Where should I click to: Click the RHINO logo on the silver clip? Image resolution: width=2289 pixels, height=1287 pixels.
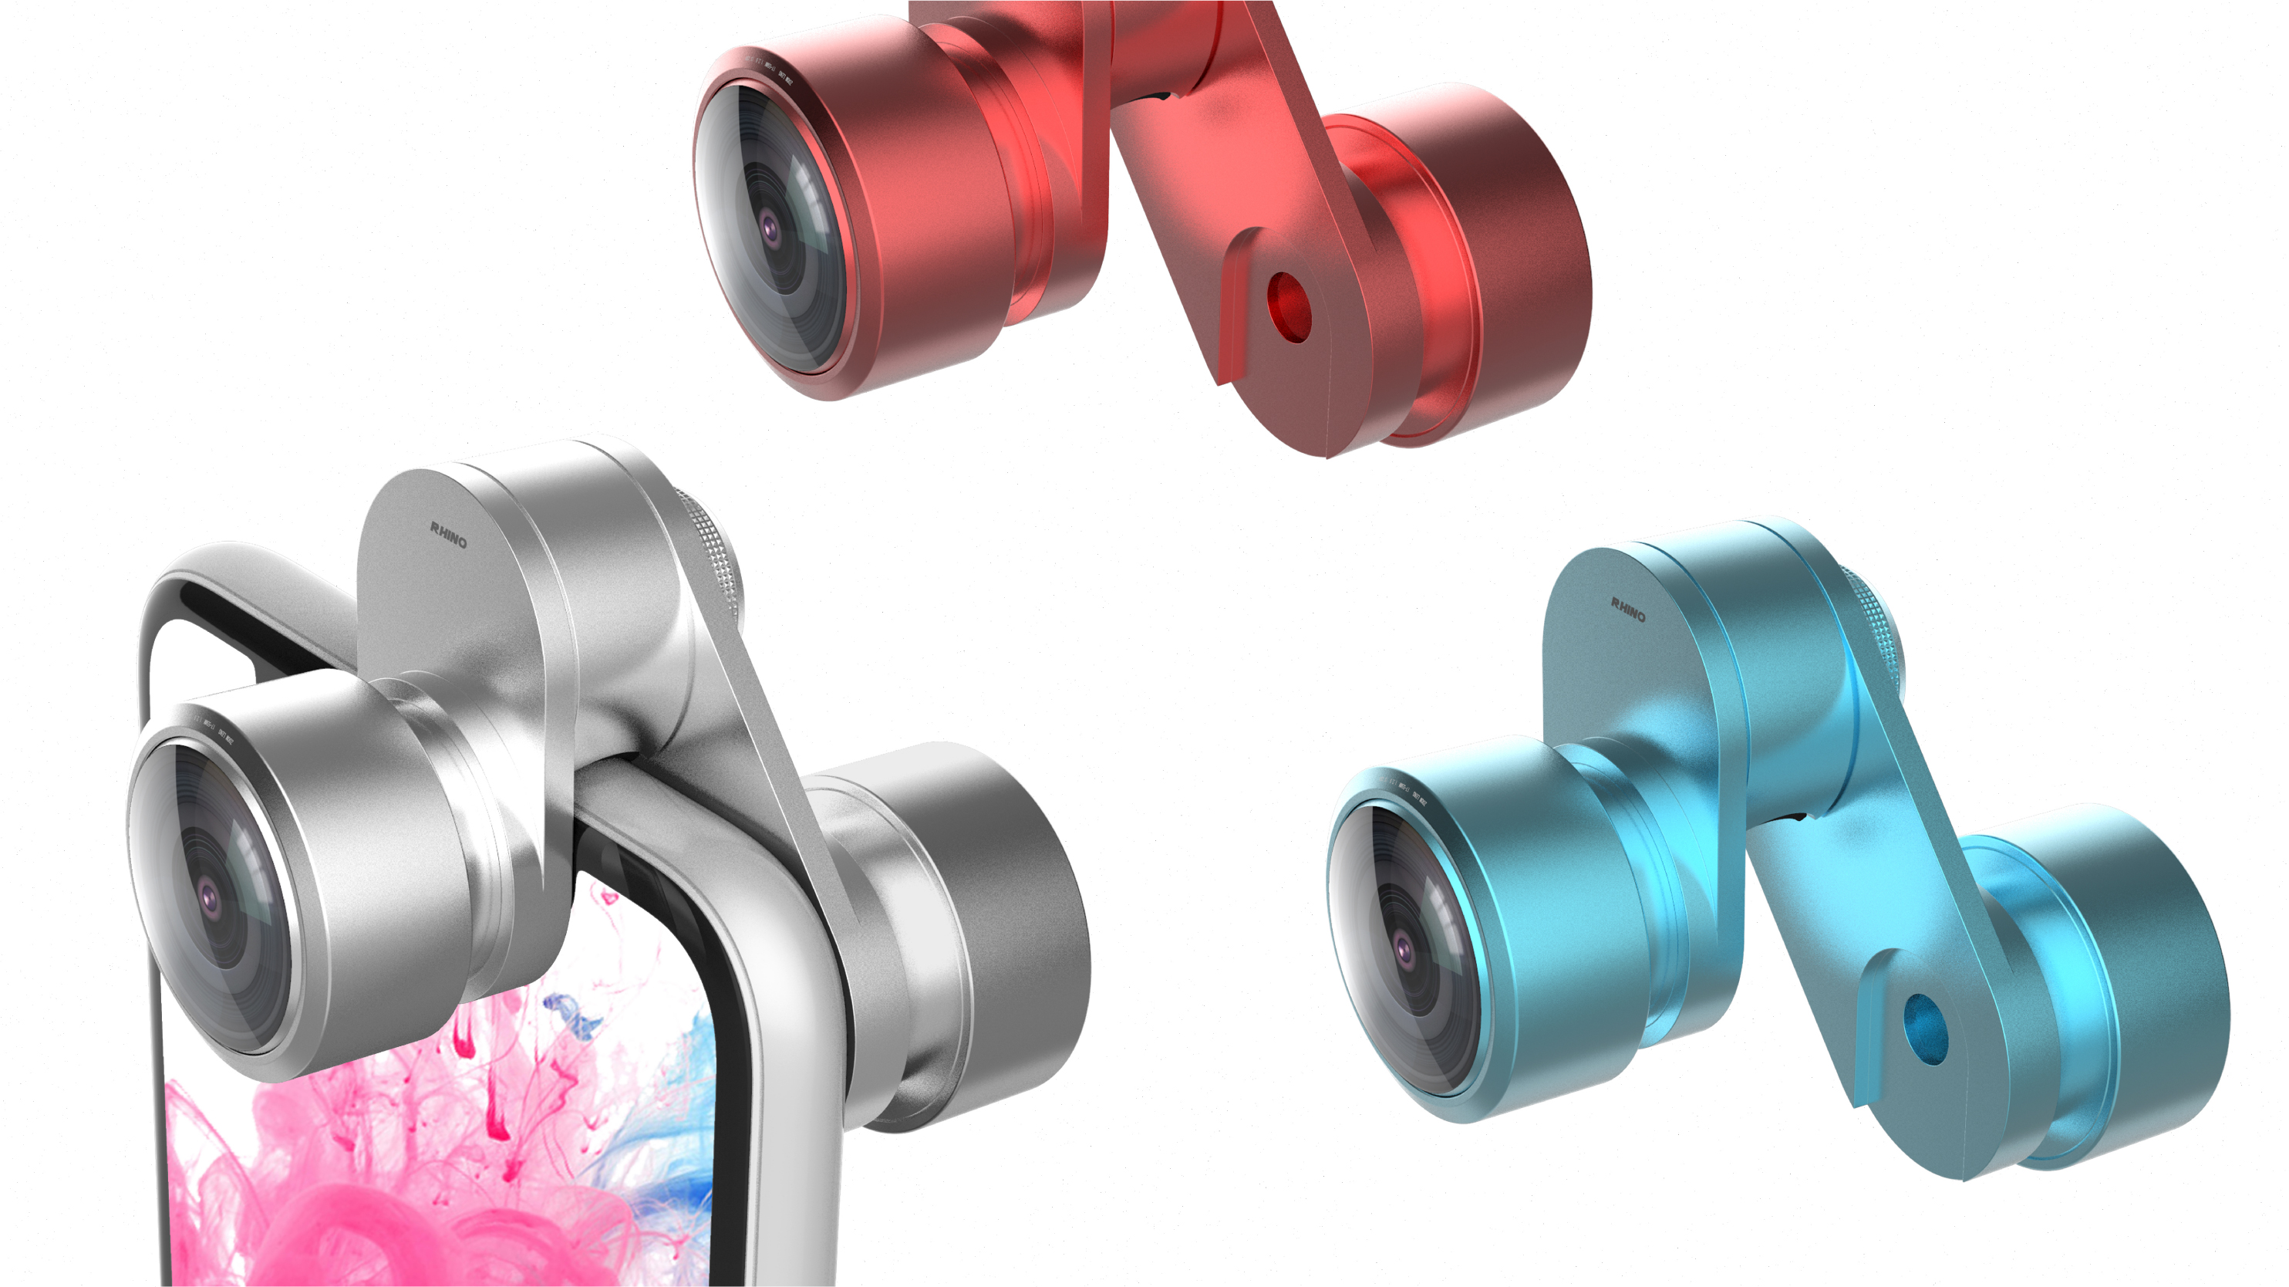[449, 535]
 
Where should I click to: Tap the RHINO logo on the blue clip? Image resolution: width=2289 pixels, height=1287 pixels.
[1628, 610]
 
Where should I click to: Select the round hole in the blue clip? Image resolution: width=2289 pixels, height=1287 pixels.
[1926, 1029]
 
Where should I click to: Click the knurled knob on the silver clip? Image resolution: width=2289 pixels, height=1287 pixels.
[716, 551]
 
